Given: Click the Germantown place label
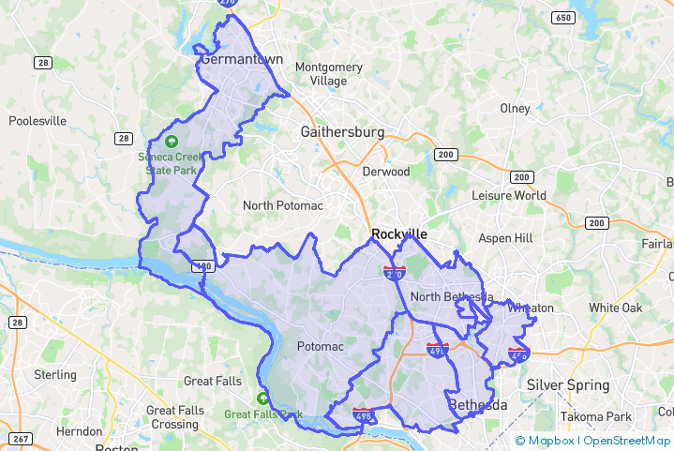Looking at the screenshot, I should pos(241,59).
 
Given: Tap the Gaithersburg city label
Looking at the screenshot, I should pos(342,132).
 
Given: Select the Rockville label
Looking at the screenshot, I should pos(399,233).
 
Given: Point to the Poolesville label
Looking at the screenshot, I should pos(37,121).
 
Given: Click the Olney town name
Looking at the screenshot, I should pos(515,109).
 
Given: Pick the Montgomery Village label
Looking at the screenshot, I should pos(328,74).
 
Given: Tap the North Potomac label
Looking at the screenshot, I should pos(283,205).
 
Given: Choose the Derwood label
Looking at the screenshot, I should pos(385,172).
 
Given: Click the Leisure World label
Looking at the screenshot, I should pos(508,196).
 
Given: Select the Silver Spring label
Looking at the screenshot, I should pos(568,385).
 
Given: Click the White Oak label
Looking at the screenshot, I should pos(616,308).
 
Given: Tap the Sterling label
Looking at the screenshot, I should pos(55,375).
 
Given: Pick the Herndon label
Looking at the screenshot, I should pos(79,431).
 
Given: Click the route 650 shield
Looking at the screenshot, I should pos(563,18).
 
